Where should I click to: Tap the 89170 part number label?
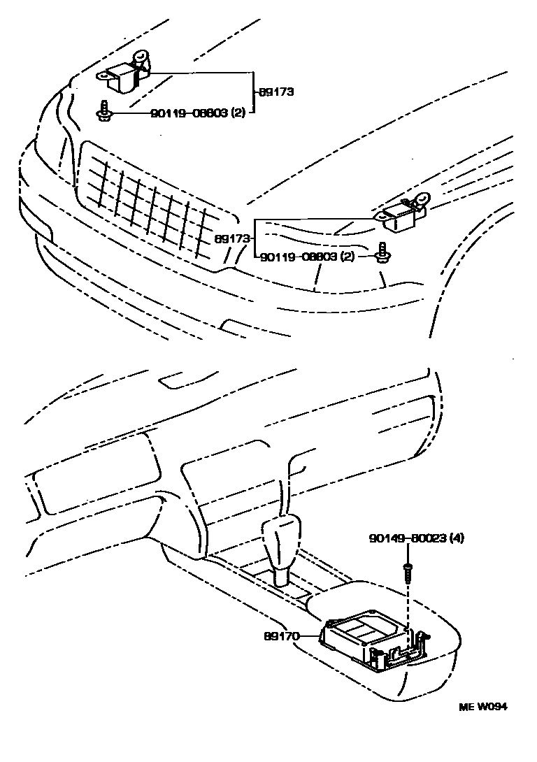(x=281, y=636)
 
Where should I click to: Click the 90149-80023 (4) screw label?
(x=416, y=538)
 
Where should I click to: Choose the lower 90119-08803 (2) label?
(x=307, y=257)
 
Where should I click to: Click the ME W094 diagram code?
(x=482, y=706)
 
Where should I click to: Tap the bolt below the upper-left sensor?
(x=103, y=110)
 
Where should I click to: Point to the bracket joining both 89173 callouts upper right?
(x=252, y=91)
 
